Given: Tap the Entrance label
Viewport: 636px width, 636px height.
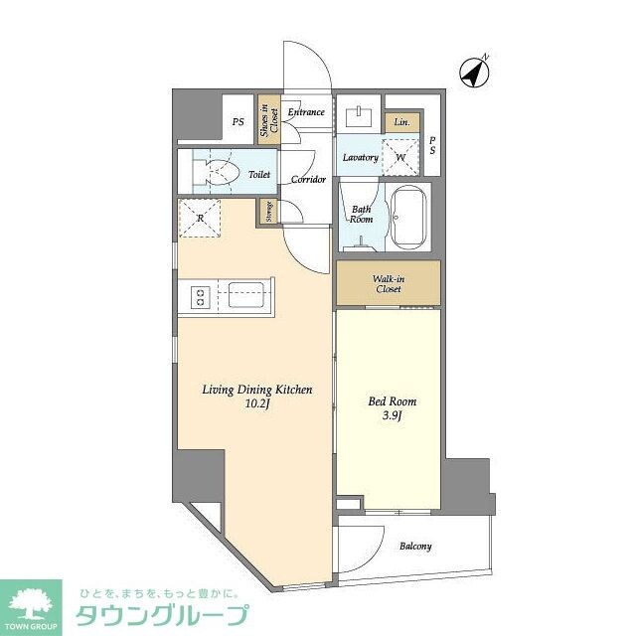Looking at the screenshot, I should (x=306, y=112).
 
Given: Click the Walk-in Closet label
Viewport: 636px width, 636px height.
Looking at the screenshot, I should (x=388, y=283).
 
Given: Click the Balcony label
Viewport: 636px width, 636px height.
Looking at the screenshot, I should (x=415, y=547).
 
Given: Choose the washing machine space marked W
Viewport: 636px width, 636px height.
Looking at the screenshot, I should (x=400, y=157).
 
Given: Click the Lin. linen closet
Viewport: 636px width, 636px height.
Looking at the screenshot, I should (x=401, y=121).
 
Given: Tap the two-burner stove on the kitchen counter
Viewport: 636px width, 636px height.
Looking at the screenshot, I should (x=198, y=295).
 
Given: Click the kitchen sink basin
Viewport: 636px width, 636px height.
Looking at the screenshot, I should (x=244, y=295).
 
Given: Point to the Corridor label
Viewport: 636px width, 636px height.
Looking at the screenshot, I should (x=308, y=180).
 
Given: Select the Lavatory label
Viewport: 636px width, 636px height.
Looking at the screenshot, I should (x=360, y=158).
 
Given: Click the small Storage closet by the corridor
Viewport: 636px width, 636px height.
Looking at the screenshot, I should (x=267, y=212).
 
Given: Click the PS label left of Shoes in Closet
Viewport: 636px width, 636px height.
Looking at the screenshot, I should (x=238, y=122).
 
